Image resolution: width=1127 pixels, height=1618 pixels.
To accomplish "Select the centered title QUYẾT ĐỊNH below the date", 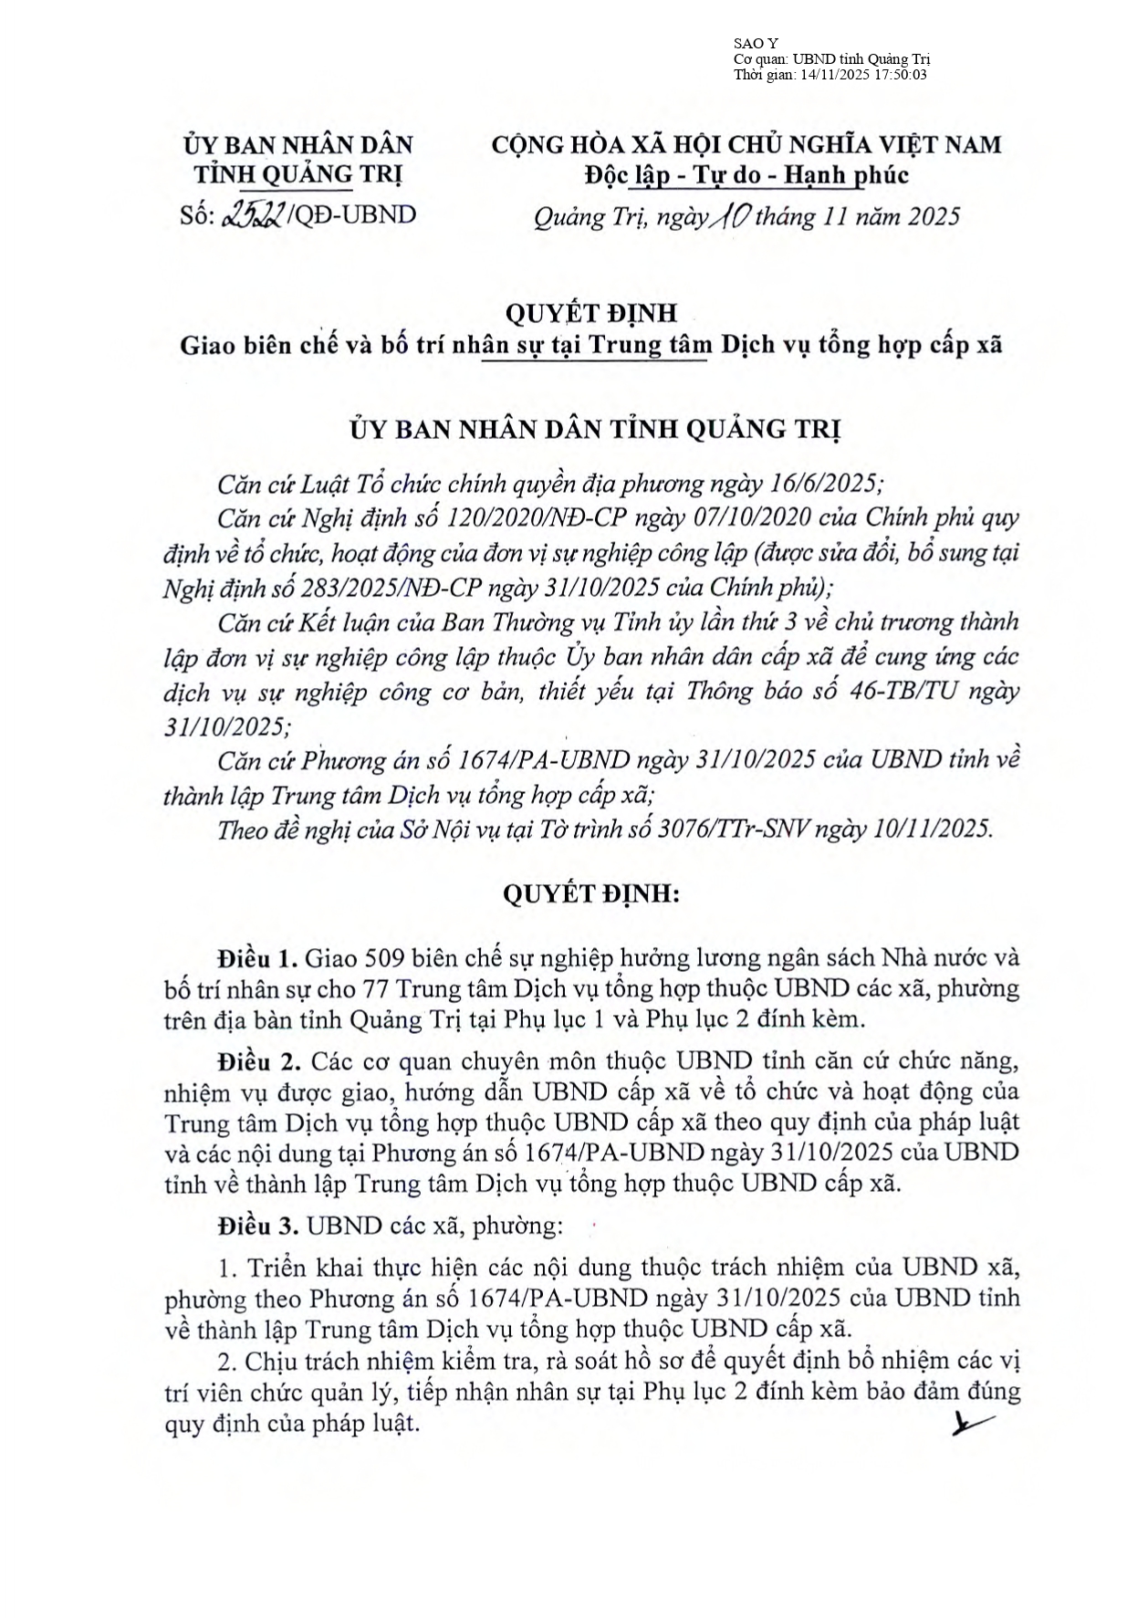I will click(590, 313).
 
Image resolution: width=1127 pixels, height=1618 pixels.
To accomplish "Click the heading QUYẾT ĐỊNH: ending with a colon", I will click(590, 893).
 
